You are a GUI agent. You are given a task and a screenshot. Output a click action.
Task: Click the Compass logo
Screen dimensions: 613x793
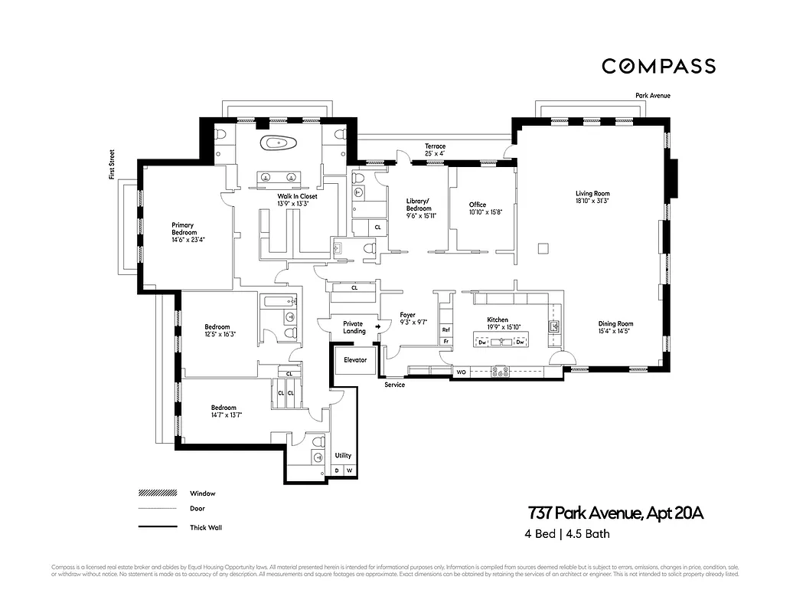click(658, 66)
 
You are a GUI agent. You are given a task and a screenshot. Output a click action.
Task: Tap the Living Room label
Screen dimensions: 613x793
click(592, 194)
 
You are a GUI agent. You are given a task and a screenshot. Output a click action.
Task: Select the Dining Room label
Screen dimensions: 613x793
click(615, 323)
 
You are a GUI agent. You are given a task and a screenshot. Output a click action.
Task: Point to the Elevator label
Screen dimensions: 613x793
click(355, 359)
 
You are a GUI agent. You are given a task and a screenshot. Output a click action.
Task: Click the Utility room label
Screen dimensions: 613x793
click(343, 455)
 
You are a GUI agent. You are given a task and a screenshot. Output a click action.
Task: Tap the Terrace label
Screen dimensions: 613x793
click(435, 146)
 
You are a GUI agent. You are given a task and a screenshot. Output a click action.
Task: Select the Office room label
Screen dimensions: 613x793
click(478, 205)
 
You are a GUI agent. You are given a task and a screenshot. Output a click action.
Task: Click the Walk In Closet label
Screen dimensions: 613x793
click(297, 196)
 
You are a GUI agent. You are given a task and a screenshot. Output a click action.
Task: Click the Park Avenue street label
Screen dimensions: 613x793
click(653, 96)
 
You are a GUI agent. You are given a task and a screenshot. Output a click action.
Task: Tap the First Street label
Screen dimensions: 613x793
click(112, 165)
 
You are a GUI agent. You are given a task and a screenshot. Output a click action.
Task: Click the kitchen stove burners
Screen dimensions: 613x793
click(499, 372)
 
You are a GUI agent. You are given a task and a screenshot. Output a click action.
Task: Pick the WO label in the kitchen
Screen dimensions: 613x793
click(461, 372)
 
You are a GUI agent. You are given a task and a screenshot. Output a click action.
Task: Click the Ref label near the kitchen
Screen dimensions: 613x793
click(445, 329)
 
